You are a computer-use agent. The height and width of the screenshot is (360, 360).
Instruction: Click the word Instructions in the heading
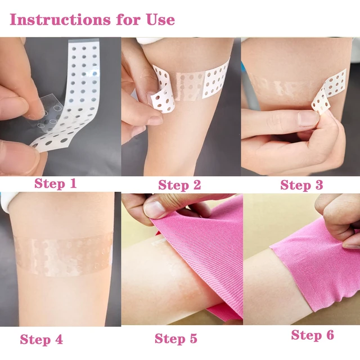[60, 20]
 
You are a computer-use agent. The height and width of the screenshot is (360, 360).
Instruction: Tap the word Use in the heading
[161, 20]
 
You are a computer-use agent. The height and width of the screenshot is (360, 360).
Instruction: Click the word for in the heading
[128, 20]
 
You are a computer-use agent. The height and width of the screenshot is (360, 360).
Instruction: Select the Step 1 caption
[55, 183]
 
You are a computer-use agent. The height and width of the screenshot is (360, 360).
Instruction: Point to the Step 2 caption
[179, 185]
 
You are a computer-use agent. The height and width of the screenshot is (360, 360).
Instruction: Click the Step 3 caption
[301, 185]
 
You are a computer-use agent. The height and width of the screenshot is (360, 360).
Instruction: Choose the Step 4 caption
[41, 339]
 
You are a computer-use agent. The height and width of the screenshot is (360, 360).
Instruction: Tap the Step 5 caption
[176, 339]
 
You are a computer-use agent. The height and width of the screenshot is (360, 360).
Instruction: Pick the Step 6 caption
[312, 335]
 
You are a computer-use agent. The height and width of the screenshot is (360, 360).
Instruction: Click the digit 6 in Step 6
[330, 335]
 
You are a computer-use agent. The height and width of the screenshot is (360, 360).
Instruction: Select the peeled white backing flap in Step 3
[328, 92]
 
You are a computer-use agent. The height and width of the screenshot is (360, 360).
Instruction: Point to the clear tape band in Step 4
[63, 254]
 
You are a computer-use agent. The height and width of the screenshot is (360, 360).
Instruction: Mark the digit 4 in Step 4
[58, 339]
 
